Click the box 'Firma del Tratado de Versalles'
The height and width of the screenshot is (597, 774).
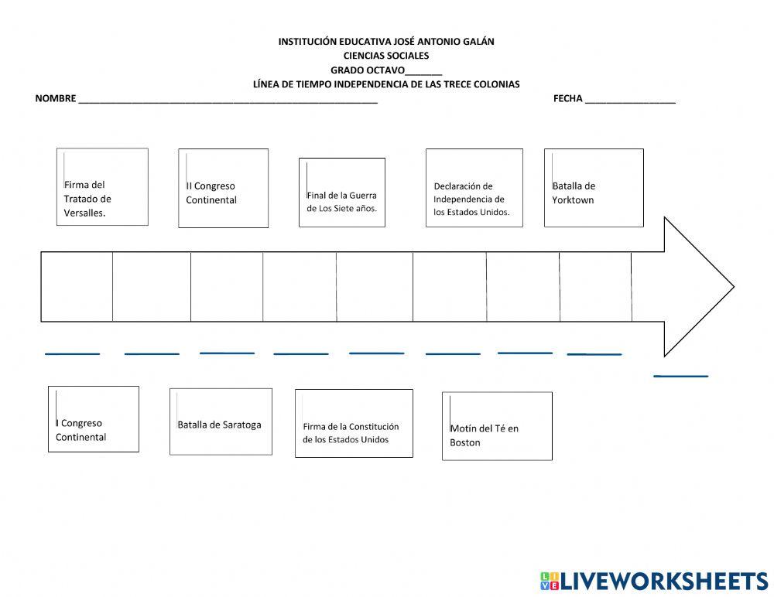[102, 187]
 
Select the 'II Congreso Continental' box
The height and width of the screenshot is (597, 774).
[223, 189]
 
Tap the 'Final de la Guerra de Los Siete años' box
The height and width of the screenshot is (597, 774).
[342, 193]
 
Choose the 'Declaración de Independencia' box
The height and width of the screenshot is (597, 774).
[474, 188]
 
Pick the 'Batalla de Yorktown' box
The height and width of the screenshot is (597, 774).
[594, 188]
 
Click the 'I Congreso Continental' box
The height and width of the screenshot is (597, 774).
[93, 419]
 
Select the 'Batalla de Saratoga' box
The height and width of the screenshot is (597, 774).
[221, 421]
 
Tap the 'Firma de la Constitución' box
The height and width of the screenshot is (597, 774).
[354, 423]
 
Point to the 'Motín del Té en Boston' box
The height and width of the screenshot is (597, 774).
[497, 426]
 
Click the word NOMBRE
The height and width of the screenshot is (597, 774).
[55, 99]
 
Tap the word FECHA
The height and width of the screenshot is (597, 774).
[567, 99]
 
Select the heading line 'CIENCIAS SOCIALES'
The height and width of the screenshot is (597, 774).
[386, 56]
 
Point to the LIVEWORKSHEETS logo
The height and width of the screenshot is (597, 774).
[654, 581]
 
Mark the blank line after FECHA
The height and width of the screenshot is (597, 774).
[631, 101]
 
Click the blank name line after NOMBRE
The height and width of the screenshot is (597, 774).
[228, 101]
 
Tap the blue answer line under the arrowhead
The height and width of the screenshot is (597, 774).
[680, 376]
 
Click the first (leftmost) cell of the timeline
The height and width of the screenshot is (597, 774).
[77, 286]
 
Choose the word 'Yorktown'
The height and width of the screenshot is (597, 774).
[573, 200]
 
